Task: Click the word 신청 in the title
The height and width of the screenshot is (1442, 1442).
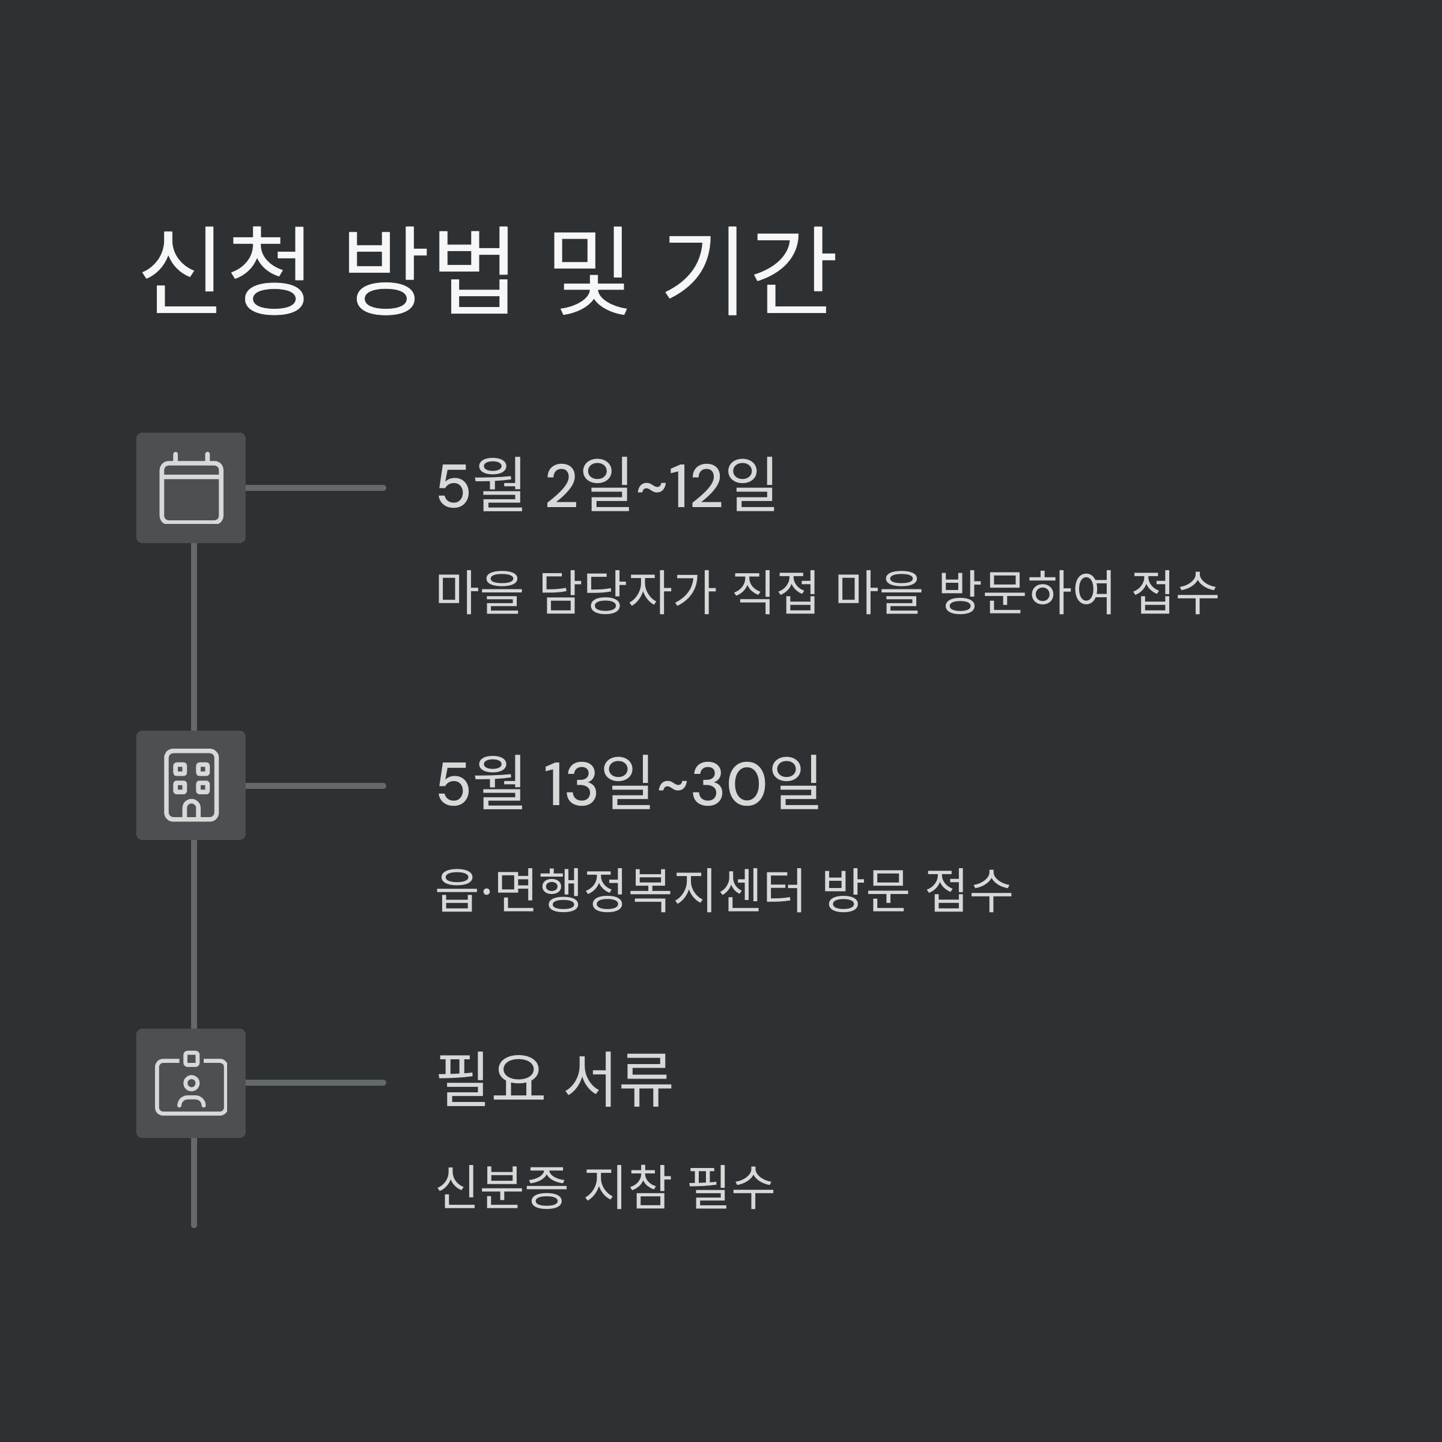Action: pos(224,270)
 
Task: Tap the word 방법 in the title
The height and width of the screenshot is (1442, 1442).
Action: pos(428,270)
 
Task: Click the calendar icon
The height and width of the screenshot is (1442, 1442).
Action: pos(191,488)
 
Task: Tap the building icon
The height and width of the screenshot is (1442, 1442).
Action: pos(191,785)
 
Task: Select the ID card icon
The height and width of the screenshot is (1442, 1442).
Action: pos(191,1083)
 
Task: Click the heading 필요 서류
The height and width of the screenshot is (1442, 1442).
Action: pos(554,1081)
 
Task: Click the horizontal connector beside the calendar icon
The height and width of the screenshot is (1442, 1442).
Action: pos(315,488)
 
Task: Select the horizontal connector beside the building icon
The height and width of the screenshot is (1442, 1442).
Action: pos(315,785)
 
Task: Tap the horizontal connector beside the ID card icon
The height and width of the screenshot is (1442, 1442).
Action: pos(315,1082)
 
